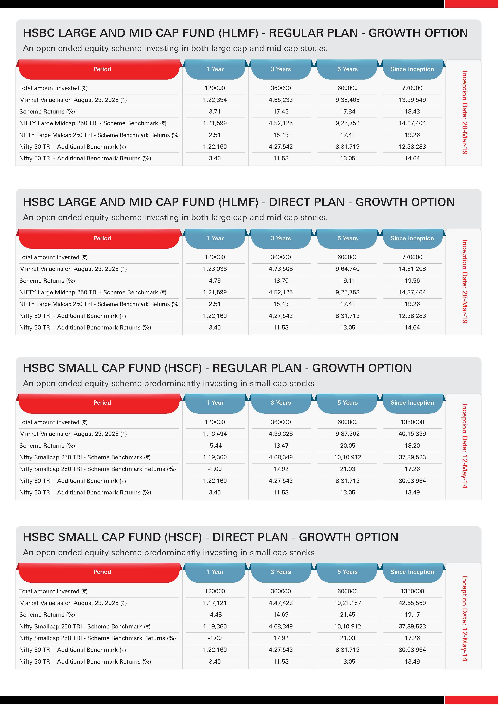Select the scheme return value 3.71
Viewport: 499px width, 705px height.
coord(215,112)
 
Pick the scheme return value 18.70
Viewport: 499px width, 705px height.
coord(281,281)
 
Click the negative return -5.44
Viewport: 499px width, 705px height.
coord(215,446)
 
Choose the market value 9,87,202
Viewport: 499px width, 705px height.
coord(347,434)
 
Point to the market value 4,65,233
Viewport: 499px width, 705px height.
coord(281,100)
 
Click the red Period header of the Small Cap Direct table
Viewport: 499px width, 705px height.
coord(102,572)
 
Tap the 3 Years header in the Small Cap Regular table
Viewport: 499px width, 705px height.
coord(281,403)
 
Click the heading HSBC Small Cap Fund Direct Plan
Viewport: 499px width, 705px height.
coord(211,537)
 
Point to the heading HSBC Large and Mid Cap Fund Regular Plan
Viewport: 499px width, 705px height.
coord(245,33)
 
